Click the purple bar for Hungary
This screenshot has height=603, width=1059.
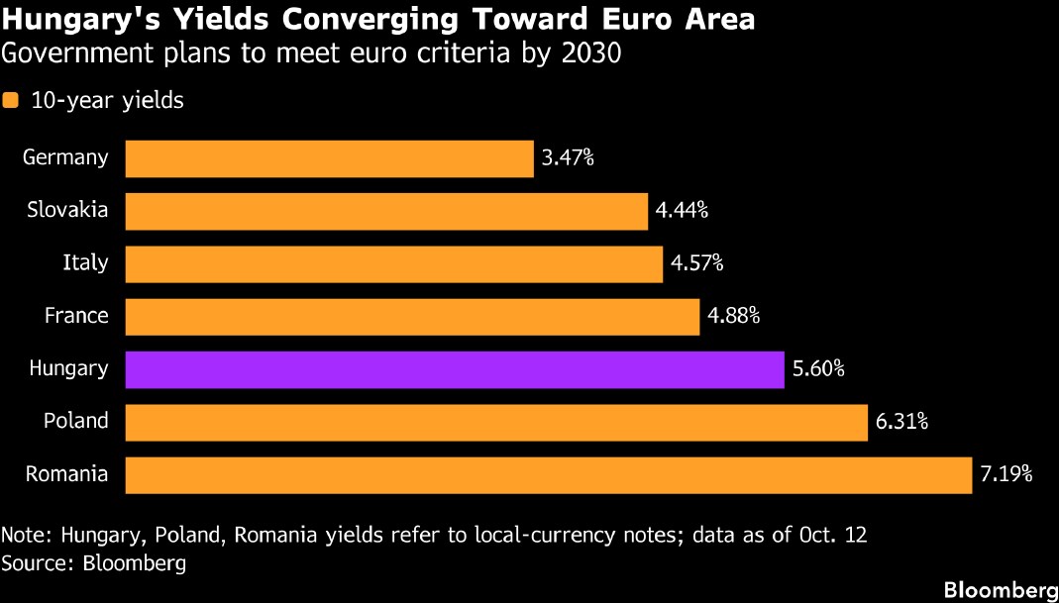click(455, 369)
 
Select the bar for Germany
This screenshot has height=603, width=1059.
click(330, 158)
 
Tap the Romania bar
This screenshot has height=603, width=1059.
click(549, 474)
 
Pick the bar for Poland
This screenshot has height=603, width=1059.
click(496, 422)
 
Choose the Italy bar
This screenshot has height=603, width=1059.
click(393, 264)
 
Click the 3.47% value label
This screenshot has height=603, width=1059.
click(568, 159)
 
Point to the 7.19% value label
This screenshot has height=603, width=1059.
click(1006, 474)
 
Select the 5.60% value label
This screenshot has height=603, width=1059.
click(818, 369)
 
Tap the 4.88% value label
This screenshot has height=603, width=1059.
click(733, 317)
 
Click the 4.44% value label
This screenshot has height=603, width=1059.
click(682, 211)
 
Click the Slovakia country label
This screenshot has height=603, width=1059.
click(67, 210)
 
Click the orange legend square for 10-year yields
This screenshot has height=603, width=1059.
click(10, 101)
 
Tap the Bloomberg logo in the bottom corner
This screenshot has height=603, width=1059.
click(1001, 588)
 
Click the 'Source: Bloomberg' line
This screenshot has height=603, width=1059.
click(94, 563)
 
